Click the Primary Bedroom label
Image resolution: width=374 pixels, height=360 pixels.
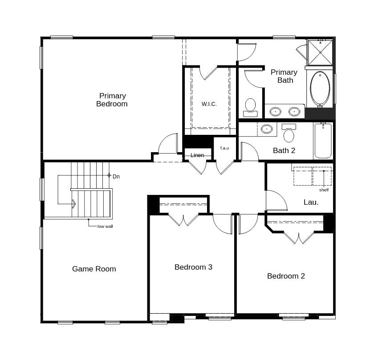[x=112, y=100]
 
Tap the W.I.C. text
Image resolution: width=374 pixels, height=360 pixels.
[x=209, y=104]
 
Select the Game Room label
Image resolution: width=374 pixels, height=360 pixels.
[x=94, y=269]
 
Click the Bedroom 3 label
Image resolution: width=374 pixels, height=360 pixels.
[x=193, y=267]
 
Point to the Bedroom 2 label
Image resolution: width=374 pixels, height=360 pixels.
[x=286, y=276]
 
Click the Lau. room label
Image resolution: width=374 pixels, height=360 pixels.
[x=311, y=202]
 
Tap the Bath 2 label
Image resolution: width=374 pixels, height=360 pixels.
[x=284, y=150]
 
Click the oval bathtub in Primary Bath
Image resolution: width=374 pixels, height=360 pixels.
[x=320, y=88]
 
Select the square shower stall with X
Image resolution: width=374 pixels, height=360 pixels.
[x=320, y=52]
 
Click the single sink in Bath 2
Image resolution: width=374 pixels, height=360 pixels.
[x=267, y=129]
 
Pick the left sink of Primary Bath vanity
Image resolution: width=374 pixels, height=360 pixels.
[x=276, y=111]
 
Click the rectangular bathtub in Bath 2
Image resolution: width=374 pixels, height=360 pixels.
[x=323, y=141]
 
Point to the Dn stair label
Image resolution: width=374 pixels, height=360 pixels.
[x=116, y=177]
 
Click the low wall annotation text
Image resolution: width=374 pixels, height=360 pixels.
[x=105, y=227]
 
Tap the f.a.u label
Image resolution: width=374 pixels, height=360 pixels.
[x=224, y=148]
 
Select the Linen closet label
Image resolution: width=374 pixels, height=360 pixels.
[x=197, y=155]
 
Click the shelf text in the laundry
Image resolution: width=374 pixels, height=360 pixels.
[x=324, y=190]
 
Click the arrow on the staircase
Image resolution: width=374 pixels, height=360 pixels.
[x=73, y=204]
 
